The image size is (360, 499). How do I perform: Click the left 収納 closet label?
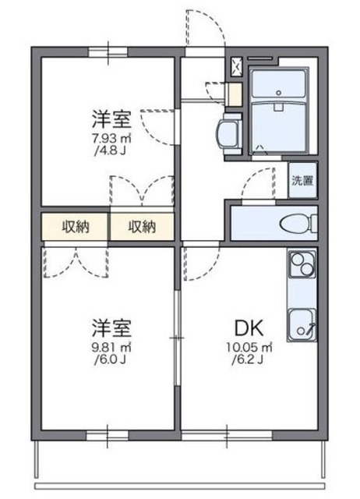coord(76,227)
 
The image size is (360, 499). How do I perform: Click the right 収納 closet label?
coord(143,227)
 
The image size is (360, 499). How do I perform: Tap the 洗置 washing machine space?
coord(302,181)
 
